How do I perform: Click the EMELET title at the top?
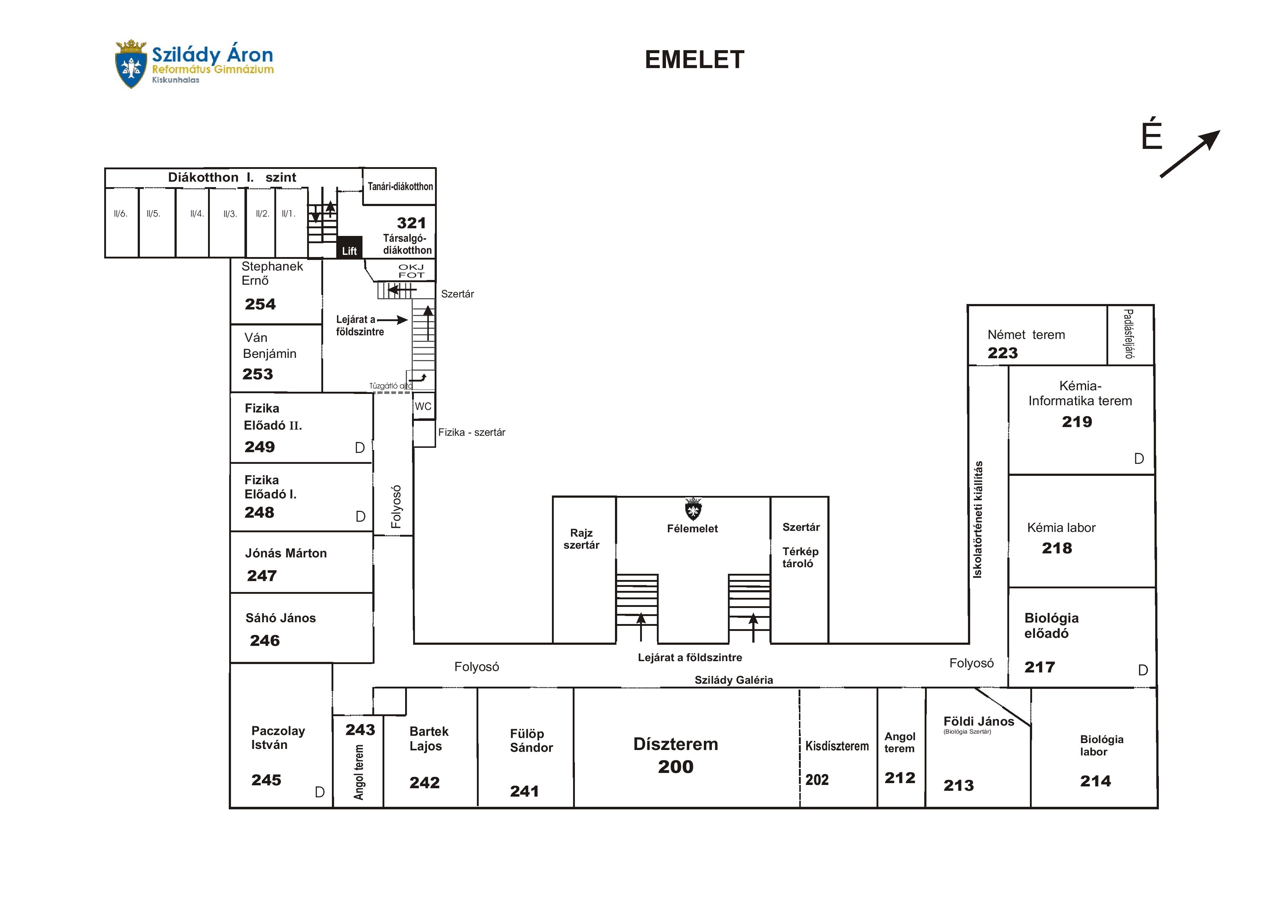coord(694,60)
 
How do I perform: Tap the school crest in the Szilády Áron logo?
coord(130,64)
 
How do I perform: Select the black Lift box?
coord(349,246)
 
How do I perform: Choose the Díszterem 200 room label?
coord(675,755)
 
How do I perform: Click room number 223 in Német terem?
coord(1002,353)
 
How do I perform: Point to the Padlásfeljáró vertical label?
coord(1129,334)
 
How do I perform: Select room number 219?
coord(1077,422)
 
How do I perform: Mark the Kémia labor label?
coord(1061,528)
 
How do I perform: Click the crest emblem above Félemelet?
coord(693,509)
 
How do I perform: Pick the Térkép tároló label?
coord(800,557)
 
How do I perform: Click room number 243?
coord(360,730)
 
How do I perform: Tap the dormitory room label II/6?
coord(120,214)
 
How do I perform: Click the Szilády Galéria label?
coord(733,680)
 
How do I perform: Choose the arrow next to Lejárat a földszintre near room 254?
coord(393,320)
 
